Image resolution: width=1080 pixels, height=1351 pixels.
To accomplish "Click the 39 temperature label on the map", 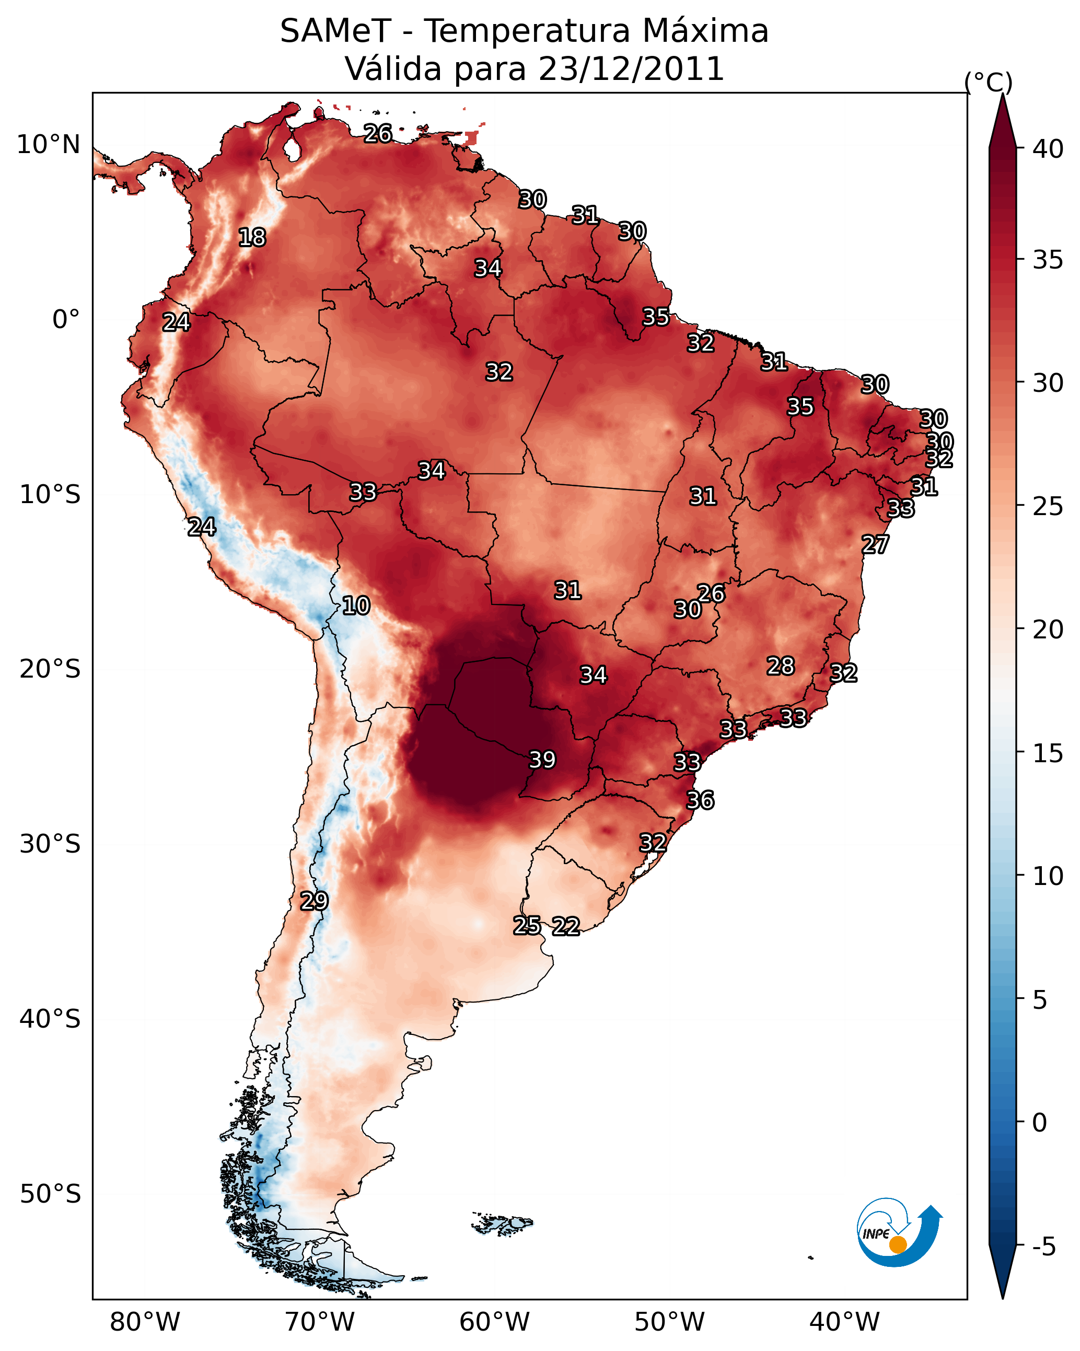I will click(x=542, y=760).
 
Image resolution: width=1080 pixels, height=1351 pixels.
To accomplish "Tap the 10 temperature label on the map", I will click(x=356, y=605).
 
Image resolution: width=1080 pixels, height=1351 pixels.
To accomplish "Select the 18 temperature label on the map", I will click(x=252, y=238).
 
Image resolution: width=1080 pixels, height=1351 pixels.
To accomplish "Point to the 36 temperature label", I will click(x=700, y=800).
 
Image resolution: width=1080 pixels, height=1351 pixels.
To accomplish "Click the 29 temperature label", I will click(x=314, y=901).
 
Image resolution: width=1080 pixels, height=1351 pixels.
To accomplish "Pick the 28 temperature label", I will click(x=781, y=666).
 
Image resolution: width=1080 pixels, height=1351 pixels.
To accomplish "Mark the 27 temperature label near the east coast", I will click(x=875, y=544).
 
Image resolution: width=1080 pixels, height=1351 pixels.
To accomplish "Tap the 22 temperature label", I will click(x=566, y=926).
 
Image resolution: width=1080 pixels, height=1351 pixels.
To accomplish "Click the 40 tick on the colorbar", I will click(x=1048, y=149).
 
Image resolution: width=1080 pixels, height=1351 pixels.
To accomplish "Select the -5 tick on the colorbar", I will click(x=1043, y=1247).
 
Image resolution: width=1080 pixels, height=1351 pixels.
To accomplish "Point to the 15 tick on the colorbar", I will click(x=1048, y=753).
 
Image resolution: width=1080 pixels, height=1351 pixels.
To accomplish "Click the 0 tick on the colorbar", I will click(x=1039, y=1122).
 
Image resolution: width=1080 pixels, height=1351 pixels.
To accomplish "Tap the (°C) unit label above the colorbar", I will click(x=989, y=82).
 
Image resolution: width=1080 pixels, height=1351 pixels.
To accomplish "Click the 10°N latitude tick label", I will click(x=48, y=145).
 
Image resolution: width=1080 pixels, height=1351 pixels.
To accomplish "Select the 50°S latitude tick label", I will click(x=50, y=1194).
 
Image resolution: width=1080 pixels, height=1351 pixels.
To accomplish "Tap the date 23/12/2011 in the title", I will click(x=631, y=69).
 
